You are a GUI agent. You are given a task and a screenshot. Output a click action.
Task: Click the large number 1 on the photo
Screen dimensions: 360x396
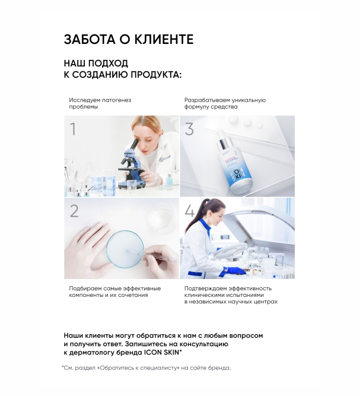[73, 129]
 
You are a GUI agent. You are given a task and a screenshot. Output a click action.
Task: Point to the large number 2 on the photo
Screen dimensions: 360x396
[74, 211]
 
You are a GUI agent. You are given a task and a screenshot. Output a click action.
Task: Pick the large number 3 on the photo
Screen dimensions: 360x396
[189, 129]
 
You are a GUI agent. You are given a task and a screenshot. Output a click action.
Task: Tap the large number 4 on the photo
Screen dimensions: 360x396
[190, 211]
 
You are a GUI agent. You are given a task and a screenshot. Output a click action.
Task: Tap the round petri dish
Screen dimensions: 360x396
[125, 249]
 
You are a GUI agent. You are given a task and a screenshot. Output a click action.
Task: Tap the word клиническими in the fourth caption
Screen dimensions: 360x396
[203, 295]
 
